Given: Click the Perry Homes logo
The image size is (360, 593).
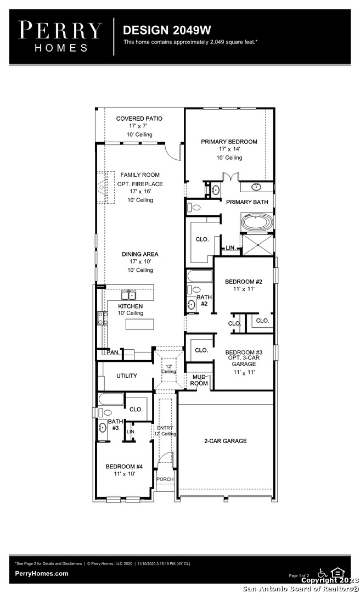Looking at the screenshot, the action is [60, 36].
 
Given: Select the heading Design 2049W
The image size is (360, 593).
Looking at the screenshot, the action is [167, 30].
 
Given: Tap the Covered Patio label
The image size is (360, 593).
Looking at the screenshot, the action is [139, 119].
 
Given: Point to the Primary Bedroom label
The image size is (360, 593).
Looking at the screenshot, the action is [229, 142].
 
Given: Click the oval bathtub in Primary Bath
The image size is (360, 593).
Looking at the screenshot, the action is [258, 222].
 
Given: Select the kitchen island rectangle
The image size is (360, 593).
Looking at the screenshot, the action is [140, 325].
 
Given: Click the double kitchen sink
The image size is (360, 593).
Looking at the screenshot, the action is [128, 295].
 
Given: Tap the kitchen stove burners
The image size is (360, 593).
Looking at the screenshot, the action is [103, 318].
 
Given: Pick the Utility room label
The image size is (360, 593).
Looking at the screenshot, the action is [127, 376].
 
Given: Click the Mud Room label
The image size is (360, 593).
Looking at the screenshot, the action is [199, 380].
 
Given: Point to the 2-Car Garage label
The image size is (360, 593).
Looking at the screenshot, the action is [226, 441].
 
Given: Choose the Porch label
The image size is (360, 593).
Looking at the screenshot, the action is [165, 479].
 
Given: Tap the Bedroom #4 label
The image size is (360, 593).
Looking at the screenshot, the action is [124, 467].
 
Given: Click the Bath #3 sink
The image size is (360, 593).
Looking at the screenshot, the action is [102, 428].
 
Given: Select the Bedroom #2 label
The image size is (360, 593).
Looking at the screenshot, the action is [244, 282].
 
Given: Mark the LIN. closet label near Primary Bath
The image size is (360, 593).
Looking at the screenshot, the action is [230, 248].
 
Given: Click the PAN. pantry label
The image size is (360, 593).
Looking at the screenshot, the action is [113, 353].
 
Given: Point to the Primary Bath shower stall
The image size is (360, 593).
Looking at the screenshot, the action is [258, 245].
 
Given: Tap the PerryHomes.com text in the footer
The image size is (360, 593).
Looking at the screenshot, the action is [42, 573].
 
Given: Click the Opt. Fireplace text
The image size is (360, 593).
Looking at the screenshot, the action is [140, 184].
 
